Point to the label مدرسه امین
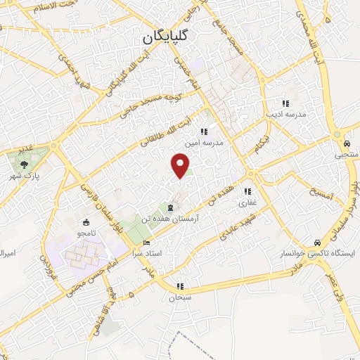coord(204,142)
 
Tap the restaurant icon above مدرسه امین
coord(204,131)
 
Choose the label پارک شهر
coord(25,173)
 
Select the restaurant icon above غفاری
coord(247,191)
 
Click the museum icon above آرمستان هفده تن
coord(170,207)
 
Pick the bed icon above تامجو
coord(90,221)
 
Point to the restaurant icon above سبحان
coord(180,287)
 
